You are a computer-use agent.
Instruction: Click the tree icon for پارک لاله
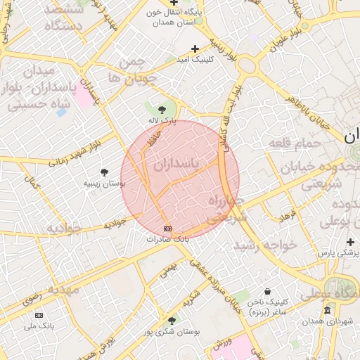click(162, 109)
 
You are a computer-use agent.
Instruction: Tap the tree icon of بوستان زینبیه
click(104, 172)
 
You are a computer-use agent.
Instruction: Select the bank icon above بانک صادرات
click(167, 229)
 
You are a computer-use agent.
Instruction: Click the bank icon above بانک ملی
click(39, 315)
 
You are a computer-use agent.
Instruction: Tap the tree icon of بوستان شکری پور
click(172, 321)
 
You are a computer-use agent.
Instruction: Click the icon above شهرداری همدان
click(327, 310)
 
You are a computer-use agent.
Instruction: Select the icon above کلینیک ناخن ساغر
click(267, 292)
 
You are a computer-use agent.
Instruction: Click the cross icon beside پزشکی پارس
click(349, 242)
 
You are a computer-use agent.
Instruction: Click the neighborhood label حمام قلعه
click(295, 143)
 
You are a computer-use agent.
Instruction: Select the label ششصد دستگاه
click(63, 18)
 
